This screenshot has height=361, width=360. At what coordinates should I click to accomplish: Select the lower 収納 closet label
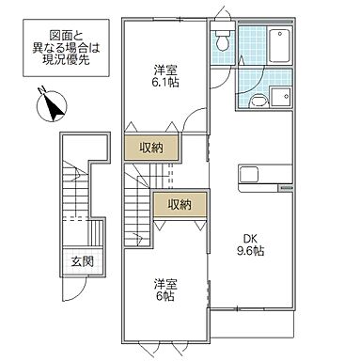tap(180, 204)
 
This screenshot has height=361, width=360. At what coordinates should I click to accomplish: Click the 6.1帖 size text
tap(164, 83)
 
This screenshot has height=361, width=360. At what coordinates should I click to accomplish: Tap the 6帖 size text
tap(165, 297)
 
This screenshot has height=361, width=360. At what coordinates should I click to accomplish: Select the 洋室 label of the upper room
tap(164, 68)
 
